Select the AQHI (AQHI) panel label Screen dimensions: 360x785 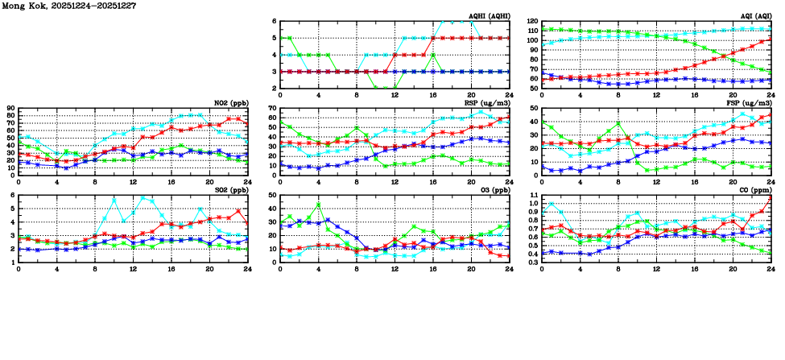click(x=486, y=15)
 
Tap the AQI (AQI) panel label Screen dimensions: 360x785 click(x=752, y=15)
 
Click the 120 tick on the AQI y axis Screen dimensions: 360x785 click(x=532, y=22)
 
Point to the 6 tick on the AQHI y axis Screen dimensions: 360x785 click(x=274, y=22)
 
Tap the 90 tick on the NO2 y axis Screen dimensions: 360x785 click(x=10, y=108)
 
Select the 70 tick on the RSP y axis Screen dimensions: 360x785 click(x=271, y=108)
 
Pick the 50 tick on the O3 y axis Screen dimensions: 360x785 click(x=271, y=196)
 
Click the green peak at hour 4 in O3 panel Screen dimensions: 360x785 click(x=318, y=205)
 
